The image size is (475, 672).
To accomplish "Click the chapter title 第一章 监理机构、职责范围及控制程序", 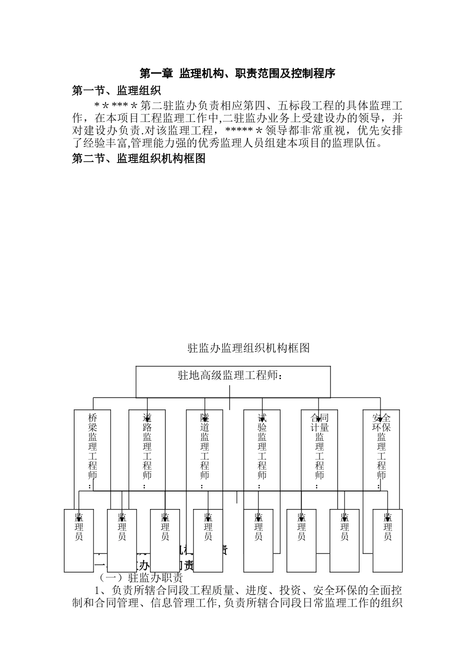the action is (237, 73).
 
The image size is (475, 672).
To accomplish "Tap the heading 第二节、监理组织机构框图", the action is (138, 158).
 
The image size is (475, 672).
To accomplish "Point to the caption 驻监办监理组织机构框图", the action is (248, 348).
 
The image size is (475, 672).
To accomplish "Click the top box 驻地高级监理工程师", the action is (233, 381).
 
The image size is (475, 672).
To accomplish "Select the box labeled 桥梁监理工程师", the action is (92, 450).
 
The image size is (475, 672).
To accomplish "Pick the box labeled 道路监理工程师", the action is (147, 450).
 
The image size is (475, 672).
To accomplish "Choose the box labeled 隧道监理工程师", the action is (204, 450).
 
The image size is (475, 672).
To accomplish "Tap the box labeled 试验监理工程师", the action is (262, 450).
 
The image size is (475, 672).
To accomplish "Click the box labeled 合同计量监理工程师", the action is (319, 450).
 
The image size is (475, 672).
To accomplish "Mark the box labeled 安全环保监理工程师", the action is (381, 450).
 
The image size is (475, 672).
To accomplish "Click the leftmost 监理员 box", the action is (79, 540).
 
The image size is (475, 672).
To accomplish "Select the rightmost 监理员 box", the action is (387, 540).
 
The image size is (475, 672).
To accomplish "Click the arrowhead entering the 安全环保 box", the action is (380, 417).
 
